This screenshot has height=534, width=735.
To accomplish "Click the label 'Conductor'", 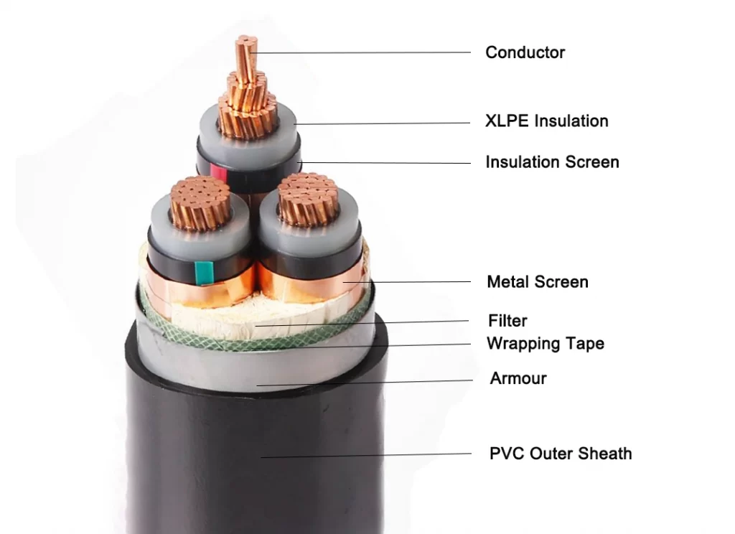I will click(525, 52).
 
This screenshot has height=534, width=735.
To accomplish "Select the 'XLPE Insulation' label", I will click(546, 121).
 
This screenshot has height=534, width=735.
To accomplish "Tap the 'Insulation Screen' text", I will click(552, 162).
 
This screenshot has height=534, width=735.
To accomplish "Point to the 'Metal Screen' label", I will click(537, 282).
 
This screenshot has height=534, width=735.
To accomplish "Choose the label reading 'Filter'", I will click(507, 321).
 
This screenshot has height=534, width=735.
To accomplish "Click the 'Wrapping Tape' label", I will click(545, 344).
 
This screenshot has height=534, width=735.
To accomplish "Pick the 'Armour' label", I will click(518, 378).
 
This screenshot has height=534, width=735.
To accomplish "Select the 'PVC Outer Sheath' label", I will click(560, 454).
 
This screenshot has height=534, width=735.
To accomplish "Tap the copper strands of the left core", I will click(200, 202).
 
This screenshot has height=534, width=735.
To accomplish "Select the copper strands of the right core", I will click(308, 199).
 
